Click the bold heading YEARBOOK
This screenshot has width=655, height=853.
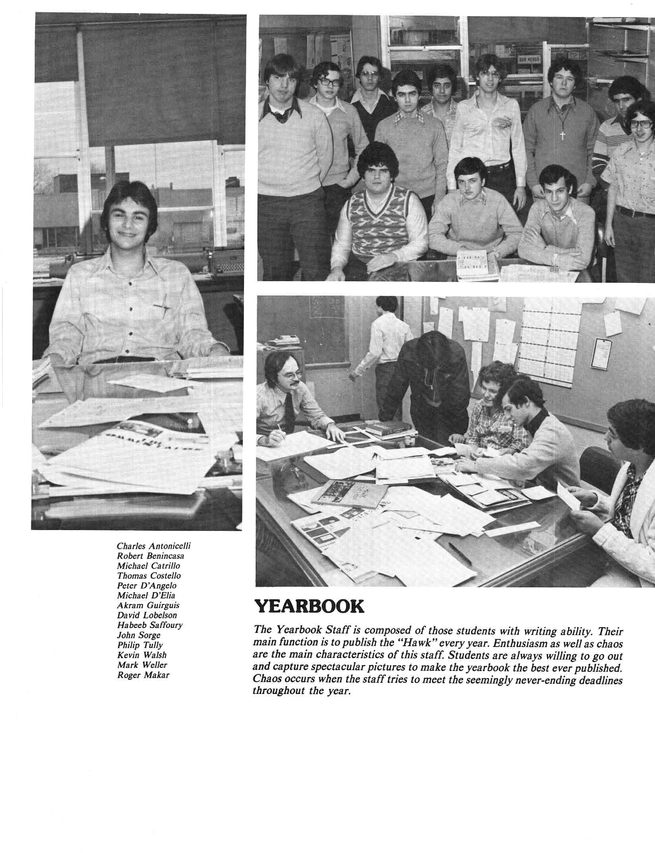[308, 606]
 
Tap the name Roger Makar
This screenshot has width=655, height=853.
[143, 675]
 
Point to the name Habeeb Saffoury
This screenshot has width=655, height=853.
[150, 625]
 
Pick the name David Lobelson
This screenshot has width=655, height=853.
[147, 615]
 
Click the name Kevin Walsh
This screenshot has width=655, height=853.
[142, 655]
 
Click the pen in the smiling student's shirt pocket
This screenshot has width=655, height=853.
[162, 307]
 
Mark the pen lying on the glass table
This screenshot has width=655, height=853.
[460, 553]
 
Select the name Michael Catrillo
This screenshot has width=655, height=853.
[148, 565]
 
